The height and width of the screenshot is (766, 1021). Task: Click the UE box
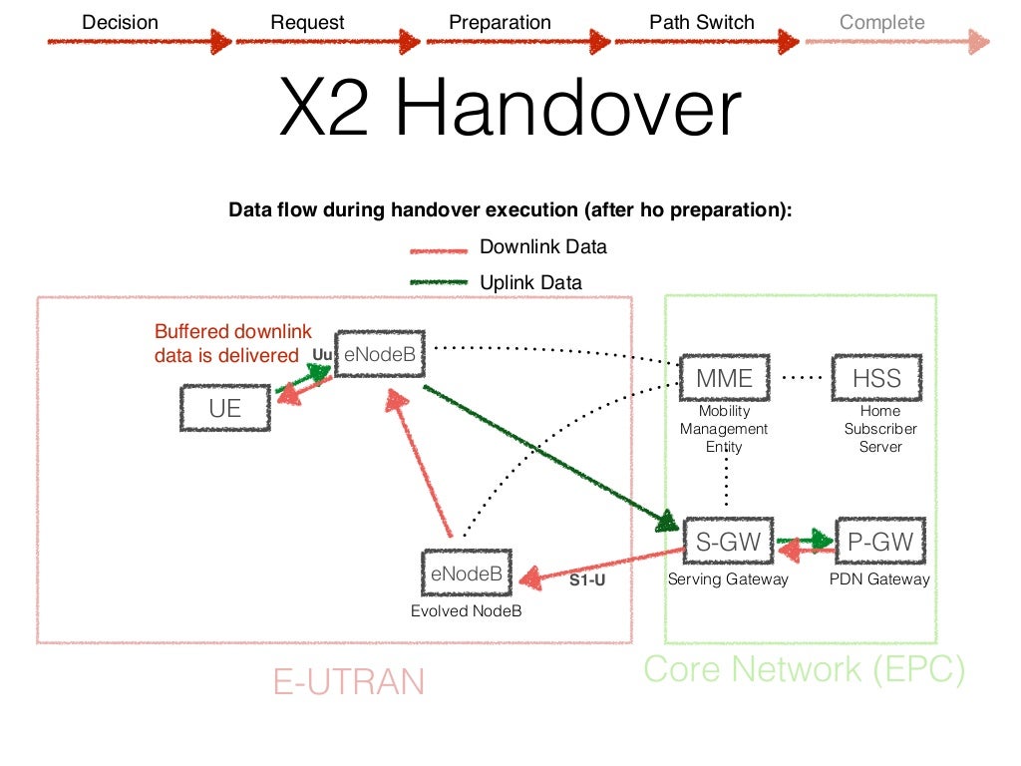(224, 408)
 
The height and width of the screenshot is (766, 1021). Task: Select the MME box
(724, 378)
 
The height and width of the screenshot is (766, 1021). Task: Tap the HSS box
(876, 378)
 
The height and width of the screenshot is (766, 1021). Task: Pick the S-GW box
(728, 543)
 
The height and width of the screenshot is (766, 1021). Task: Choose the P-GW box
(880, 543)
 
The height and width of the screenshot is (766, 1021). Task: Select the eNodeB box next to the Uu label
(379, 352)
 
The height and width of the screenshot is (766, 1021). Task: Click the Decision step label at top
(120, 22)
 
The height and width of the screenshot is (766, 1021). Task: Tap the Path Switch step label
(702, 22)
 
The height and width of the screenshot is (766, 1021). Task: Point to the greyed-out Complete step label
(881, 22)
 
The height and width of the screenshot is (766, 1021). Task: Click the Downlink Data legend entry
(542, 247)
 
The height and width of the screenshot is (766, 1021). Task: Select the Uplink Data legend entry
(530, 282)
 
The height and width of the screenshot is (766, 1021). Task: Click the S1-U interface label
(587, 579)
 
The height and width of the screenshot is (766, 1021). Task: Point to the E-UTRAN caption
(348, 681)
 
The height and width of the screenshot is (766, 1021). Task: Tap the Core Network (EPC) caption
(804, 669)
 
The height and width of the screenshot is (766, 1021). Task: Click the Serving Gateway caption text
(728, 579)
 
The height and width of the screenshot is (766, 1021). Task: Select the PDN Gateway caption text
(879, 579)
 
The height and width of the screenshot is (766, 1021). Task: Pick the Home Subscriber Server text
(880, 429)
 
